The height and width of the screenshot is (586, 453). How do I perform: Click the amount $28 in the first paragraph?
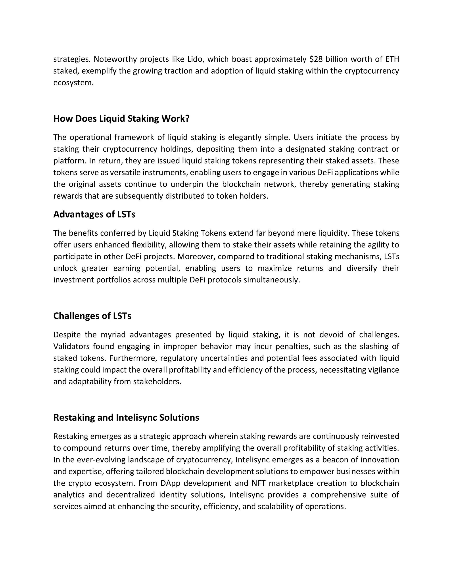(x=316, y=59)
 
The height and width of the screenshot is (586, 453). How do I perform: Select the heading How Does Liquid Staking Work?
(x=121, y=119)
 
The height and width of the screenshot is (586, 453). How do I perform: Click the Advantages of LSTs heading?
(x=94, y=214)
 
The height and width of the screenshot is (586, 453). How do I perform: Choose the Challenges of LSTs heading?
(x=92, y=316)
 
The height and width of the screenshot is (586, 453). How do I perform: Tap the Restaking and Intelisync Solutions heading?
(x=126, y=417)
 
